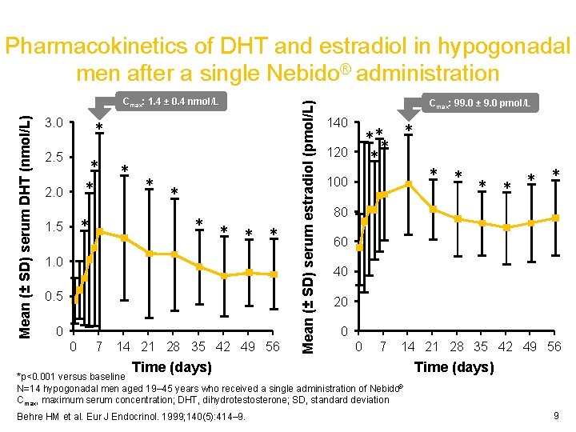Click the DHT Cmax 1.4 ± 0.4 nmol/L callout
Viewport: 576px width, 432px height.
point(171,102)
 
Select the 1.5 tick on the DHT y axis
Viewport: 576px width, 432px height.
point(54,226)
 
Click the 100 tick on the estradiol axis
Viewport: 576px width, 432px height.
point(338,182)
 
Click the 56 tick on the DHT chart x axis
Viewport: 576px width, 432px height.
point(272,346)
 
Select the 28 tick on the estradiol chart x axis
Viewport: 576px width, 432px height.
point(457,346)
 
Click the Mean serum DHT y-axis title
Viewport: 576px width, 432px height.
point(26,216)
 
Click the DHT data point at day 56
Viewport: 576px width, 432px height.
point(274,274)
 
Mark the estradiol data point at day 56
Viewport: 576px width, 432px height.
point(555,218)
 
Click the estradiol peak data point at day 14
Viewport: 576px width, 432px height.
point(409,184)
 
